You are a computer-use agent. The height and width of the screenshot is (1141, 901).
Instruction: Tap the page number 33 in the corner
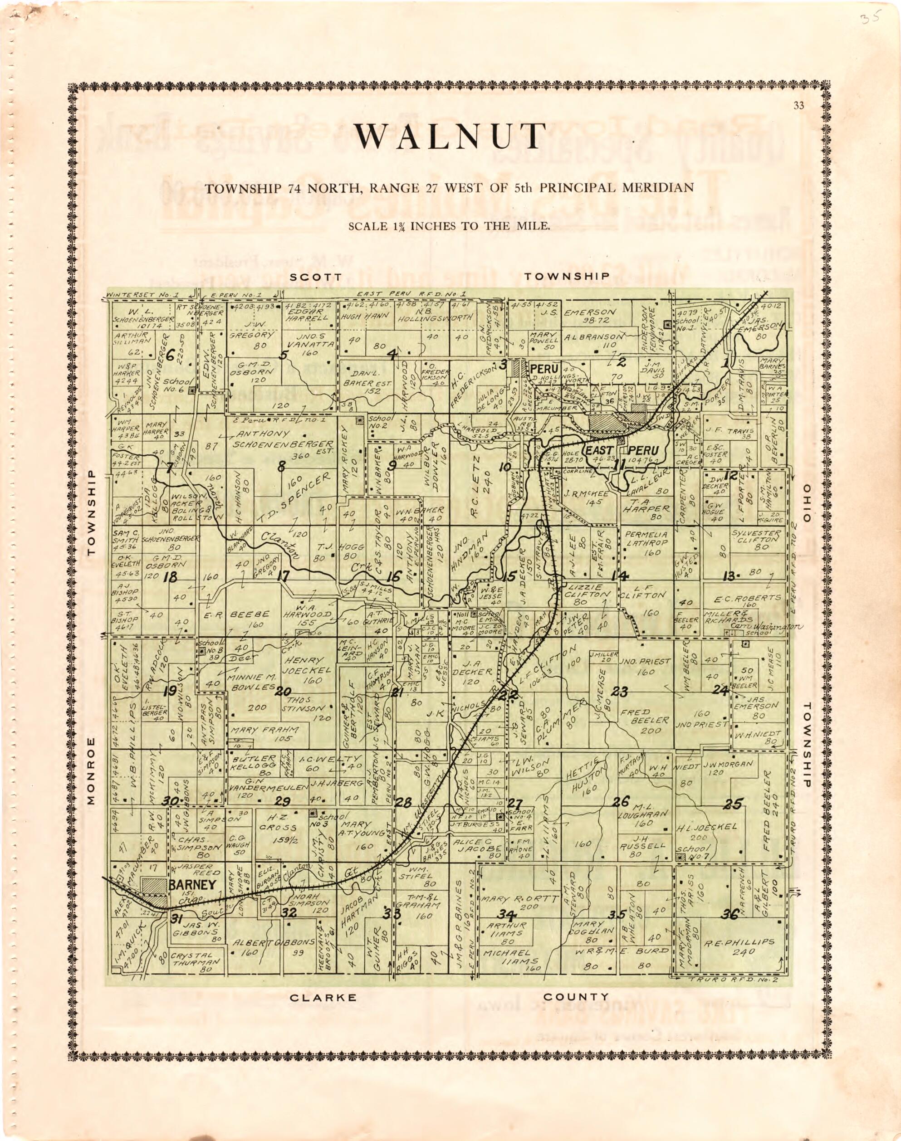(798, 106)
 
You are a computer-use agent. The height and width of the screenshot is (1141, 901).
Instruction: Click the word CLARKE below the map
(323, 998)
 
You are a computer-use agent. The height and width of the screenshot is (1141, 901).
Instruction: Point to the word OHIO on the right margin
(806, 502)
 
